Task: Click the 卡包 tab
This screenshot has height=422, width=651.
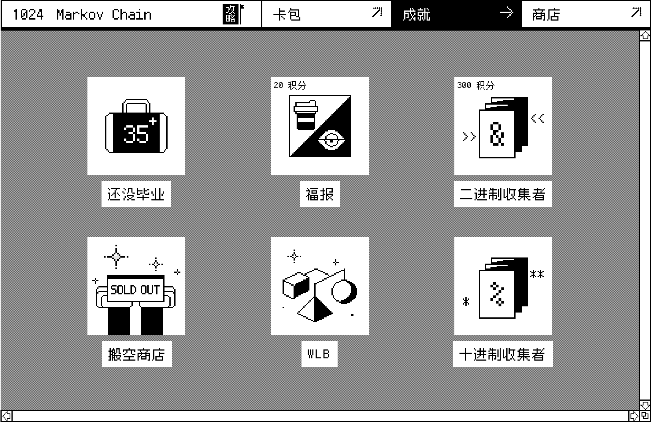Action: coord(326,14)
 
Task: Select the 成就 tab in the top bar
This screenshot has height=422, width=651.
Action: coord(456,14)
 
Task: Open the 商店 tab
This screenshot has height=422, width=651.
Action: coord(586,14)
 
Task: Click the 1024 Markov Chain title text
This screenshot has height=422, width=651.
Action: coord(82,15)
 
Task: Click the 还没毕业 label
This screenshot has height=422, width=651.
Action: coord(136,194)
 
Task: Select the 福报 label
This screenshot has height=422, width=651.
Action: coord(320,194)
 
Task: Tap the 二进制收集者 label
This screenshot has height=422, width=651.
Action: coord(503,194)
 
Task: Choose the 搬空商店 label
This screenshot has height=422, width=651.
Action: coord(137,354)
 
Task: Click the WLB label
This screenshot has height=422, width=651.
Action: coord(319,354)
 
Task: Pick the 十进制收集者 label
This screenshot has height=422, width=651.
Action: coord(503,354)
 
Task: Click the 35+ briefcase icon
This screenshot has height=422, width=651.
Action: coord(136,126)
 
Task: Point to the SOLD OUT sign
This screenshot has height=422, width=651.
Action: coord(135,289)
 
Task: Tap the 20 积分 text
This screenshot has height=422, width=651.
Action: coord(290,85)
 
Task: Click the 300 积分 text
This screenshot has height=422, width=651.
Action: coord(476,85)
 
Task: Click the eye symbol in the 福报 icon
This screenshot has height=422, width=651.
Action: coord(331,140)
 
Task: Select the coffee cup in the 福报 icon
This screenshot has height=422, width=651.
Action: coord(305,115)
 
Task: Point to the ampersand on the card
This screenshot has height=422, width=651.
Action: coord(497,134)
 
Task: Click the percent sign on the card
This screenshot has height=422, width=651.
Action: coord(497,294)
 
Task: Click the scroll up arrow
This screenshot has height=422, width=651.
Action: coord(645,36)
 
